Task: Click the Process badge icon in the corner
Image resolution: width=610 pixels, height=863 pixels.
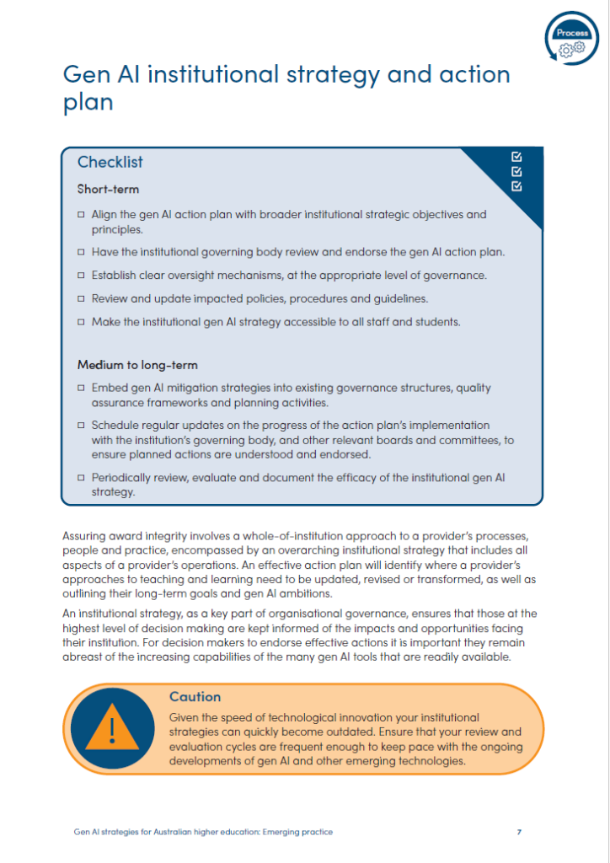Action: pyautogui.click(x=573, y=39)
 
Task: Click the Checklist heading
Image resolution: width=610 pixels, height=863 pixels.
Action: pyautogui.click(x=110, y=162)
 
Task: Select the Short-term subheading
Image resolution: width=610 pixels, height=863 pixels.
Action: pyautogui.click(x=108, y=189)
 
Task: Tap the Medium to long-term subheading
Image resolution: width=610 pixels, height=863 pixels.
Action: pyautogui.click(x=136, y=365)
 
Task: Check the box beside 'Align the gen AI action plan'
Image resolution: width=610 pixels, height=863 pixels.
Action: pyautogui.click(x=81, y=215)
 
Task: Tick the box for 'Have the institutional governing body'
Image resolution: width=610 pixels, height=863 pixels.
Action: pyautogui.click(x=81, y=252)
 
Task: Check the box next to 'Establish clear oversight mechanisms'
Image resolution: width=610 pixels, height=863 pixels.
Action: pyautogui.click(x=81, y=276)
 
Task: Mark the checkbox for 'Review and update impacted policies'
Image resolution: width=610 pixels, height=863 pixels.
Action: pyautogui.click(x=81, y=299)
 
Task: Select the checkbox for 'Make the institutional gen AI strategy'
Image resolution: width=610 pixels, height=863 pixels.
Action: pyautogui.click(x=81, y=323)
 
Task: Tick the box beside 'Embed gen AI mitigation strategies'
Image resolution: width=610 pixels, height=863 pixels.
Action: pyautogui.click(x=81, y=389)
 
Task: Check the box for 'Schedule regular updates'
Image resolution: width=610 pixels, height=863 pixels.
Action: pyautogui.click(x=81, y=426)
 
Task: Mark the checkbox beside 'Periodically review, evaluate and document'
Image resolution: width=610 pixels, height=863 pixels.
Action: pyautogui.click(x=81, y=478)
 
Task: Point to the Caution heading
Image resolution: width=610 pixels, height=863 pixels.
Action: pyautogui.click(x=195, y=697)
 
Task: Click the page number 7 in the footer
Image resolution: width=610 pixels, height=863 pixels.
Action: pyautogui.click(x=519, y=832)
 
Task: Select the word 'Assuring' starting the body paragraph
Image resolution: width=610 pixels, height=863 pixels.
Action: pyautogui.click(x=84, y=535)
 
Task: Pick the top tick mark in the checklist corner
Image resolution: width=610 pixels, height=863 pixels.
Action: pyautogui.click(x=516, y=157)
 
